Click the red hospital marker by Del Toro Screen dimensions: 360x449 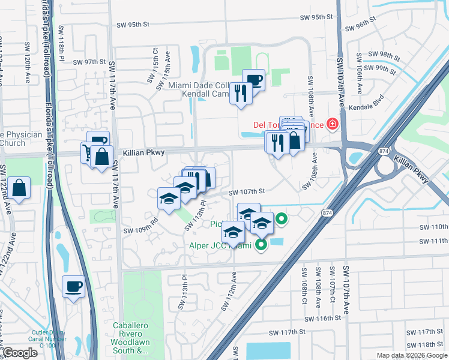pos(332,125)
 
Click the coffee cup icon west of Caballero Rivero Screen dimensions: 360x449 pos(74,287)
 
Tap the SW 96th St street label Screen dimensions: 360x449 pos(360,28)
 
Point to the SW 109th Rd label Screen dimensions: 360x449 pos(140,225)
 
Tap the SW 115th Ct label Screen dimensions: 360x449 pos(155,61)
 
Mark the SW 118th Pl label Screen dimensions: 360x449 pos(61,41)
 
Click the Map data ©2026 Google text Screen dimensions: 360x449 pos(411,355)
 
